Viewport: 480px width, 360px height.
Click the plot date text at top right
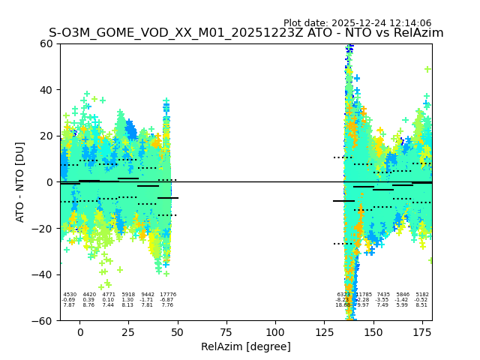coord(357,23)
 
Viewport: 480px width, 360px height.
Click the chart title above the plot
coord(246,33)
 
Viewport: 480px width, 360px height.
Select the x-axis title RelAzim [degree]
coord(246,346)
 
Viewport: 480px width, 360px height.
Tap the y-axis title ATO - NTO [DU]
coord(20,181)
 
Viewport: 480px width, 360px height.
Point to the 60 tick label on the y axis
coord(46,43)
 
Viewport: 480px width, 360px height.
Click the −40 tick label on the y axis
coord(43,274)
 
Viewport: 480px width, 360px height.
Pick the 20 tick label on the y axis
coord(46,136)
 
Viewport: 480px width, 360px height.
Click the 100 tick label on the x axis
coord(275,332)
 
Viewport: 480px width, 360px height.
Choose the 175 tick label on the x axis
coord(421,332)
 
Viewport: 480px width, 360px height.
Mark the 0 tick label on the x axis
coord(79,332)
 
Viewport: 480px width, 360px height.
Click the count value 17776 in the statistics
coord(167,295)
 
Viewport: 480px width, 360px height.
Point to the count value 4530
coord(70,295)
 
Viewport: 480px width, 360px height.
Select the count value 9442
coord(148,295)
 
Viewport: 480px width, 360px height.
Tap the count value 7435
coord(383,295)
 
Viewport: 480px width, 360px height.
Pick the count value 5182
coord(422,295)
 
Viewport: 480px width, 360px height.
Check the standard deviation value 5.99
coord(403,305)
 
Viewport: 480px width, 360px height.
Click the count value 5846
coord(403,295)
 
